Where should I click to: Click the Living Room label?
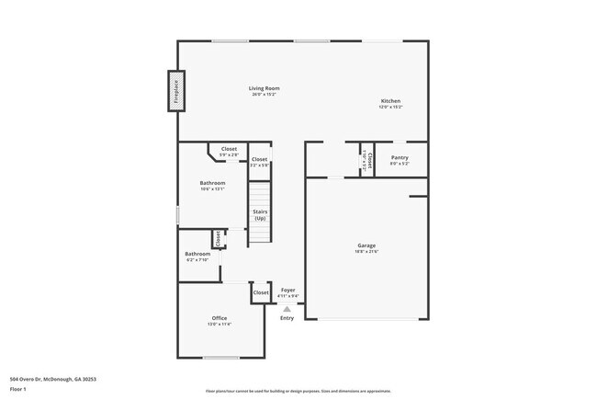[264, 88]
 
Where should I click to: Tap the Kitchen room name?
[390, 101]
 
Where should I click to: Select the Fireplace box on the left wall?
[175, 92]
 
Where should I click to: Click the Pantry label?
[400, 157]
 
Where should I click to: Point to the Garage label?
[367, 245]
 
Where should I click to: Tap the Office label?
[220, 318]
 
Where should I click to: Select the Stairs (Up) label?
[260, 215]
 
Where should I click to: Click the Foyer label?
[287, 290]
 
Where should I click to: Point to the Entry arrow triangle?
[287, 309]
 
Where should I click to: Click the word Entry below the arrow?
[287, 318]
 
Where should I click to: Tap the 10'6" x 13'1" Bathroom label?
[212, 183]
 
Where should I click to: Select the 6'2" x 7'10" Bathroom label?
[197, 254]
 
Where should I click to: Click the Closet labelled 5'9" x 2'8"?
[229, 149]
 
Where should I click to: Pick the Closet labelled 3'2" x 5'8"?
[260, 159]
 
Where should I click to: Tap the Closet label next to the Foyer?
[261, 292]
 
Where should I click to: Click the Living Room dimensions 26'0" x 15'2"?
[264, 95]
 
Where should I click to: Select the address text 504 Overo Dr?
[53, 379]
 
